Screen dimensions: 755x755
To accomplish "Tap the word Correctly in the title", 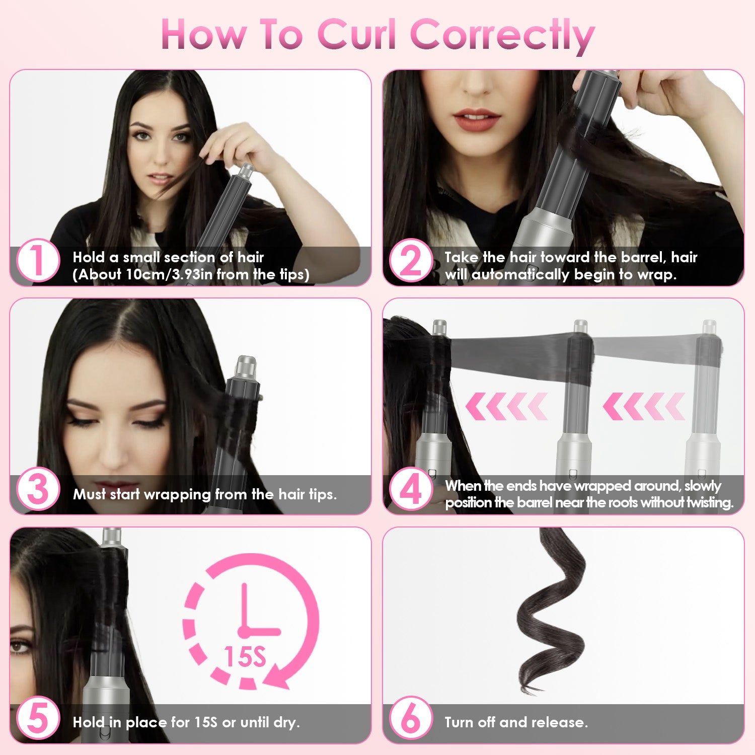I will pyautogui.click(x=502, y=35).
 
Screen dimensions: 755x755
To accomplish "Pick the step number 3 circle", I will pyautogui.click(x=38, y=490).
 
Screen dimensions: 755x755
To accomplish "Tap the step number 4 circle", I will pyautogui.click(x=411, y=490).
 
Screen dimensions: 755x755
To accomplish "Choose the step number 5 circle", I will pyautogui.click(x=38, y=718).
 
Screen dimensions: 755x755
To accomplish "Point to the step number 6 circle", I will pyautogui.click(x=411, y=718).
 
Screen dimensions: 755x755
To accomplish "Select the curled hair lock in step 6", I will pyautogui.click(x=551, y=609).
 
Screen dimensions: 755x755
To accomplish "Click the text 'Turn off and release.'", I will pyautogui.click(x=516, y=722).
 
